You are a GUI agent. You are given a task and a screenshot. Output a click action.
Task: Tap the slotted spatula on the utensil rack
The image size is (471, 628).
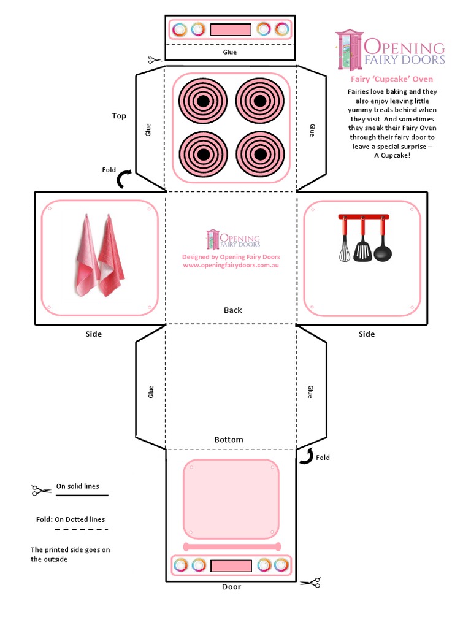tap(362, 248)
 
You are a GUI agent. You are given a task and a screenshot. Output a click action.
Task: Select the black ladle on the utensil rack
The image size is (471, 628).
tap(383, 249)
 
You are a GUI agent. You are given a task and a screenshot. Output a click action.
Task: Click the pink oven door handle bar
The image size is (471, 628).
tap(232, 546)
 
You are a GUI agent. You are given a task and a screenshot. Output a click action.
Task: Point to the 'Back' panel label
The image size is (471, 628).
tap(232, 310)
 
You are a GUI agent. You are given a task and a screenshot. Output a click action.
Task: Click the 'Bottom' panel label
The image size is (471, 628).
tap(229, 440)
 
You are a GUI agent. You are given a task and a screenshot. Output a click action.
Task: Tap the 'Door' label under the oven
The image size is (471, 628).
tap(231, 587)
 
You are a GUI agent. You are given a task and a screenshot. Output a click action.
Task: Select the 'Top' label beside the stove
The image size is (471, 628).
tap(119, 116)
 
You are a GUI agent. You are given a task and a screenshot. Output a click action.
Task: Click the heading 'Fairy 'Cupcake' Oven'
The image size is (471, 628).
tap(391, 79)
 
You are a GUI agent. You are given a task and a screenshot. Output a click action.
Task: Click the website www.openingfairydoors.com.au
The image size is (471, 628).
tap(231, 265)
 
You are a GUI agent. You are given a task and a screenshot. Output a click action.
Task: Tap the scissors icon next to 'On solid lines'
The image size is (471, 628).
tap(41, 490)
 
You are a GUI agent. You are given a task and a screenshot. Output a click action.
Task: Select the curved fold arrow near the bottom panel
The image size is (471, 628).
tap(306, 456)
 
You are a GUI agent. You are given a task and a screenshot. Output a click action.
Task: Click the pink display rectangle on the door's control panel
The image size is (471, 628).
tap(231, 565)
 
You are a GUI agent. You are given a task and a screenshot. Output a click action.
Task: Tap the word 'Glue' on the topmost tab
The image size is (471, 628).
tap(229, 52)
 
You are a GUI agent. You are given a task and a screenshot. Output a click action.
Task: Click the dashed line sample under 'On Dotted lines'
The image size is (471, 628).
tap(81, 529)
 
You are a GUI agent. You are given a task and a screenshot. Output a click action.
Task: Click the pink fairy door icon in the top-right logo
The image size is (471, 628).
tap(350, 49)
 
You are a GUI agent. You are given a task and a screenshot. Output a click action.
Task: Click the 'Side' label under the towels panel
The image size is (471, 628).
tap(94, 334)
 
